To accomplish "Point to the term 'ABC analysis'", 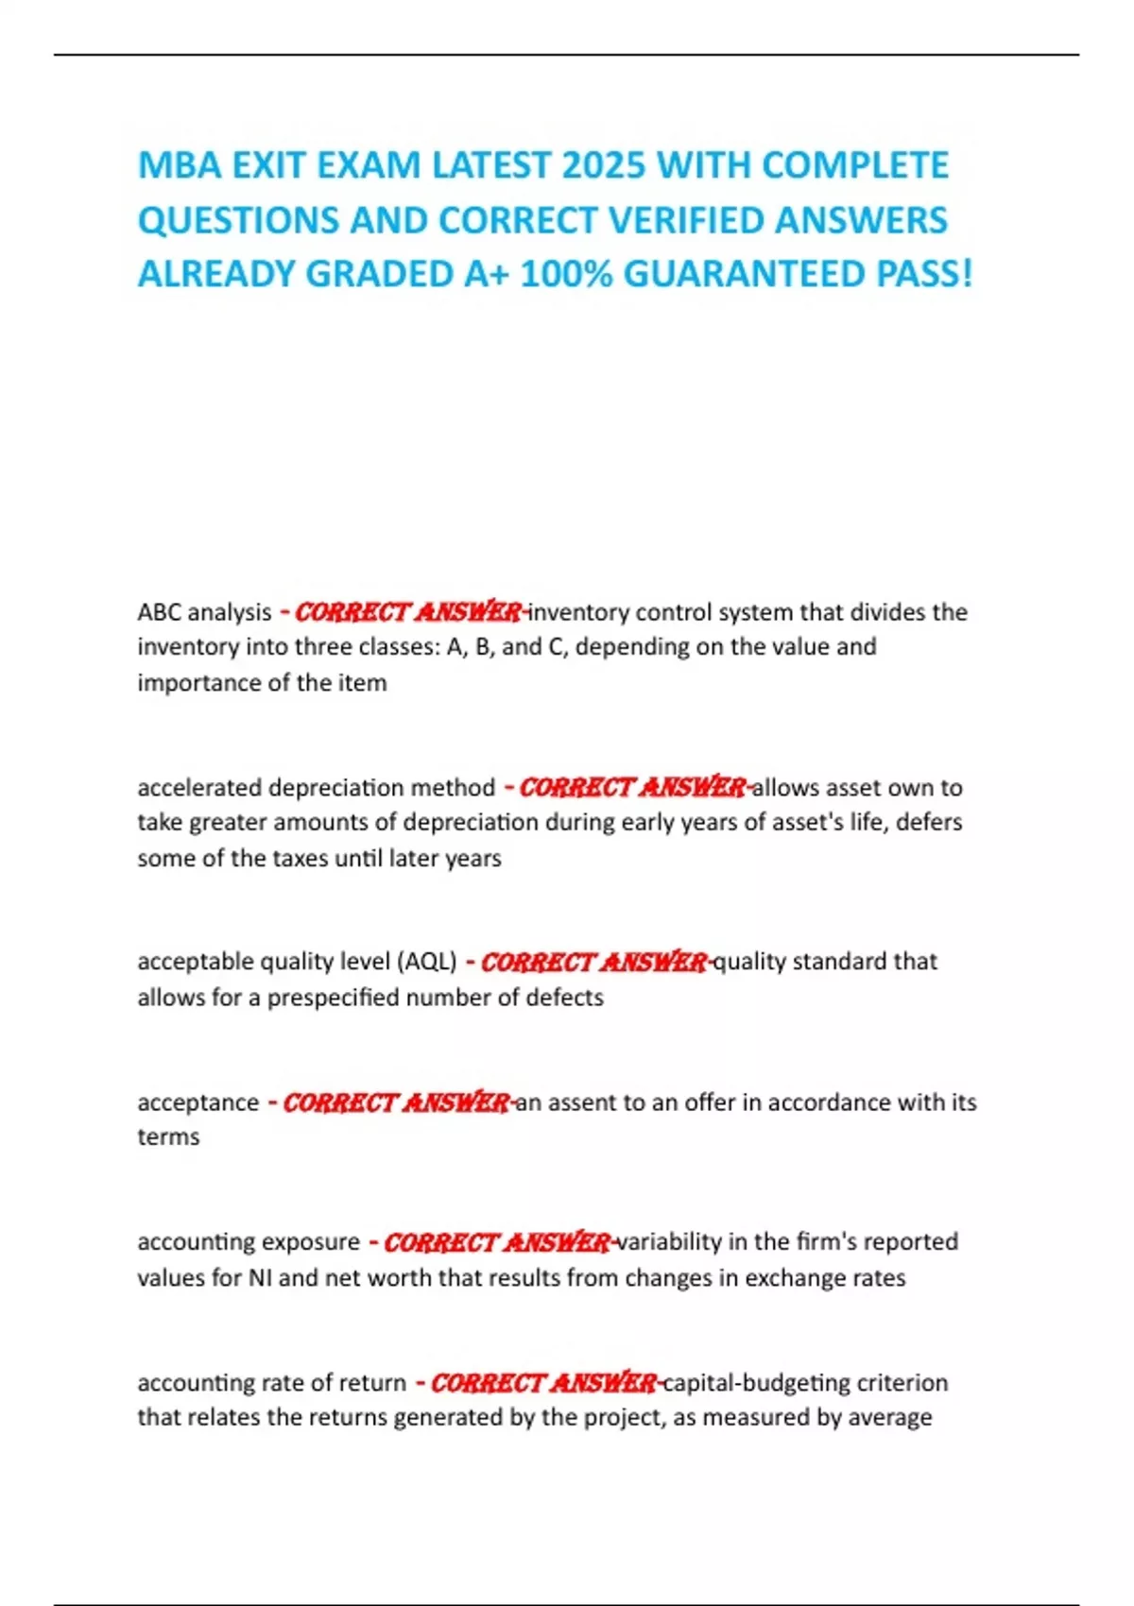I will coord(204,612).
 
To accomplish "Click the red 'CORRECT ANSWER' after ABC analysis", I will coord(408,612).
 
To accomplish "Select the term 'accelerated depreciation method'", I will coord(316,787).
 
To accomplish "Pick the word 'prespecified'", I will coord(337,998).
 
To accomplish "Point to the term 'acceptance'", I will coord(198,1102).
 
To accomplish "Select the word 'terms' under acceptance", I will coord(168,1136).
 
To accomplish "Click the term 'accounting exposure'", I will coord(249,1241).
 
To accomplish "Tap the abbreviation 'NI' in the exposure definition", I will coord(260,1277).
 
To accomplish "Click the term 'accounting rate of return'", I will coord(271,1383).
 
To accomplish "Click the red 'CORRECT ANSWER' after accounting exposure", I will coord(496,1241).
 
